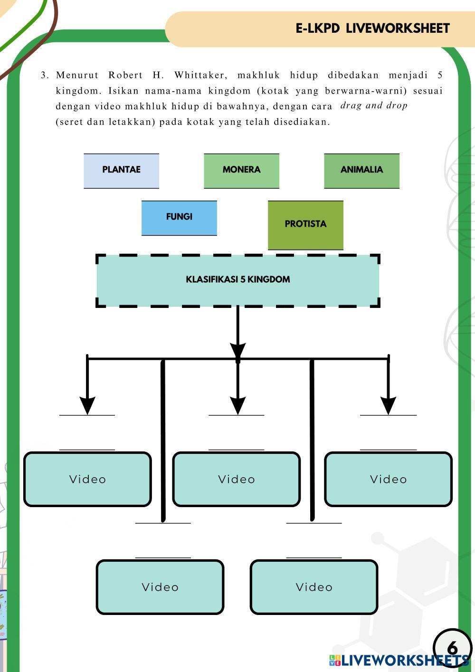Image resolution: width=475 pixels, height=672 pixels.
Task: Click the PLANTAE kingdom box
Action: tap(121, 171)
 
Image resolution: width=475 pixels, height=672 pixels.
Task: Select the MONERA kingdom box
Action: tap(241, 171)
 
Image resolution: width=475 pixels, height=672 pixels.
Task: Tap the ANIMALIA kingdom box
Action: tap(361, 171)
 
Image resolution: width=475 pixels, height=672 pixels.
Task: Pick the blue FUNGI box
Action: tap(179, 218)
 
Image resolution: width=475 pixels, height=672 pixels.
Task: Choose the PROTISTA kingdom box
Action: tap(305, 225)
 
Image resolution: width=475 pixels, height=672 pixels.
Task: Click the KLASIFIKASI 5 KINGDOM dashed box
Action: tap(238, 280)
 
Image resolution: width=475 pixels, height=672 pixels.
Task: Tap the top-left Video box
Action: tap(87, 479)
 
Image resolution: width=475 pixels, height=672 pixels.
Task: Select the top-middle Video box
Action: tap(236, 479)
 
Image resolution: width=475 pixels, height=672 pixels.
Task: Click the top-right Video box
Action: tap(389, 479)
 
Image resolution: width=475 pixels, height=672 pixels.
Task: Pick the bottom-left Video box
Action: tap(160, 587)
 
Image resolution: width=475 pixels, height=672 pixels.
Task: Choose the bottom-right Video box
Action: tap(314, 587)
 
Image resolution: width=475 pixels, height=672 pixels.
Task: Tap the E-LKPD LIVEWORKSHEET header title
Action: tap(372, 29)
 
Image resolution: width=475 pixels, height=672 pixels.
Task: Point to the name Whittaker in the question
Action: tap(201, 75)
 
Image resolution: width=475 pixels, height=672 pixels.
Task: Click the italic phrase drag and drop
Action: tap(374, 106)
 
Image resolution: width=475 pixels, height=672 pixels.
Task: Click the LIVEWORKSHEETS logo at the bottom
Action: tap(399, 661)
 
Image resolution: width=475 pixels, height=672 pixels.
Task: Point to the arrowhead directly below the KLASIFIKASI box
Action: tap(238, 352)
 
